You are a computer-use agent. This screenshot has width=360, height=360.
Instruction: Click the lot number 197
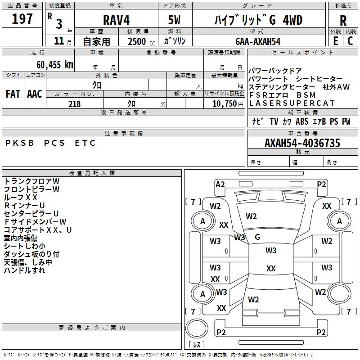tap(22, 19)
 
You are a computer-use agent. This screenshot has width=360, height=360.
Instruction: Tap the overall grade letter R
tap(343, 20)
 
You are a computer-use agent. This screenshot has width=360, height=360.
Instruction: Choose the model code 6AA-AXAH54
tap(258, 41)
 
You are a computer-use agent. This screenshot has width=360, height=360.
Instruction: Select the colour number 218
tap(74, 104)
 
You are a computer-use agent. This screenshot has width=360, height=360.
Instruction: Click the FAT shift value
tap(13, 94)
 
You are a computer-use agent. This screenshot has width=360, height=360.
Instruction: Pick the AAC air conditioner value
tap(34, 94)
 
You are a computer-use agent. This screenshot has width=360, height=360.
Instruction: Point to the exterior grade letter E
tap(335, 41)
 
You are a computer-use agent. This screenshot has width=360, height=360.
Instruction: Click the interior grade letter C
tap(350, 41)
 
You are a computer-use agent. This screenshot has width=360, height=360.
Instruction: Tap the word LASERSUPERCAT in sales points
tap(292, 103)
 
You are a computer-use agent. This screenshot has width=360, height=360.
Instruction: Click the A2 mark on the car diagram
tap(220, 184)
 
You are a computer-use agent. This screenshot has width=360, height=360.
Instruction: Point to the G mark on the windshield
tap(257, 237)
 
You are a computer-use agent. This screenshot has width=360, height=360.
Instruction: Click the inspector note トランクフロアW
tap(31, 181)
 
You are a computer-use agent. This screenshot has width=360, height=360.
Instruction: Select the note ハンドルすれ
tap(24, 270)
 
